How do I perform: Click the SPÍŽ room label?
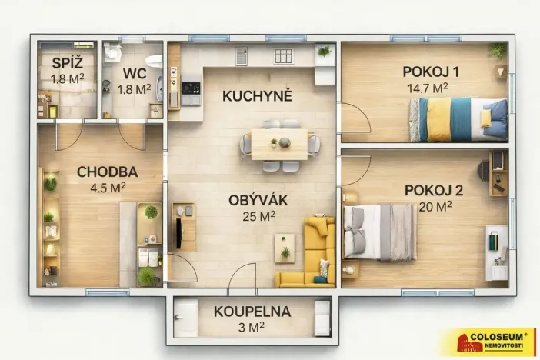click(67, 63)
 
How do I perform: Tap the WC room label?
click(135, 74)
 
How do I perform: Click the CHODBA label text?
click(107, 172)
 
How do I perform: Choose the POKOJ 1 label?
click(431, 72)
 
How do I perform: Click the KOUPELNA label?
click(252, 312)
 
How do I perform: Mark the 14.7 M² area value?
click(428, 88)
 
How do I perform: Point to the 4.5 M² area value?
click(108, 187)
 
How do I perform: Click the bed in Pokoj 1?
click(458, 119)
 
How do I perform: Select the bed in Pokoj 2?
click(380, 231)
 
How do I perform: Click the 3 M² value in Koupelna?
click(252, 327)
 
